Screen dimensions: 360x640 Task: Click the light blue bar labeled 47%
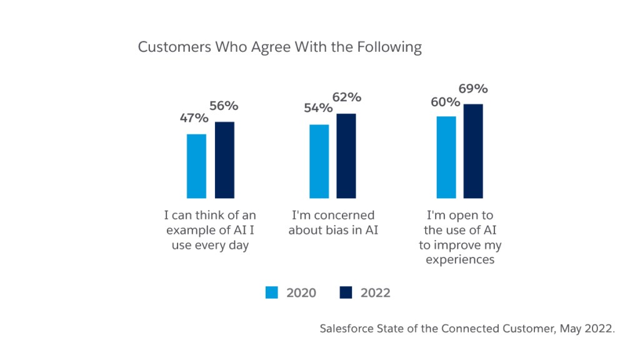(196, 166)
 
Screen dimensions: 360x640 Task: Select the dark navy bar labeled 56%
(224, 160)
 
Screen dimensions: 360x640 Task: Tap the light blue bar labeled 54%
(319, 161)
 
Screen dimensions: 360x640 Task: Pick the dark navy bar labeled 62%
(346, 156)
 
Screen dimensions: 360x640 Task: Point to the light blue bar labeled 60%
(446, 157)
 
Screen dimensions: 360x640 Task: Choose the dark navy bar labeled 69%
(474, 151)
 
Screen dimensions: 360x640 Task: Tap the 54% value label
(317, 109)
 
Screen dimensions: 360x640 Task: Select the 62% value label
(347, 97)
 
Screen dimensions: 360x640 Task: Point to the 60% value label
(445, 102)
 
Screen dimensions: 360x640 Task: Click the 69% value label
(474, 89)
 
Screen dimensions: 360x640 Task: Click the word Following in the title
(392, 48)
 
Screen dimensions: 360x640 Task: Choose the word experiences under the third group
(460, 259)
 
